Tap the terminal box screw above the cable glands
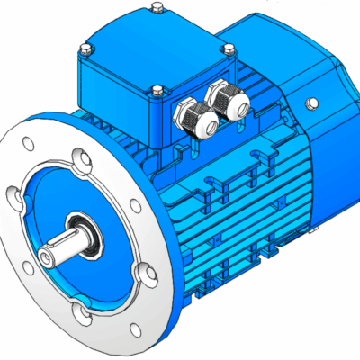pyautogui.click(x=157, y=89)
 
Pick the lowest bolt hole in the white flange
pyautogui.click(x=85, y=312)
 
